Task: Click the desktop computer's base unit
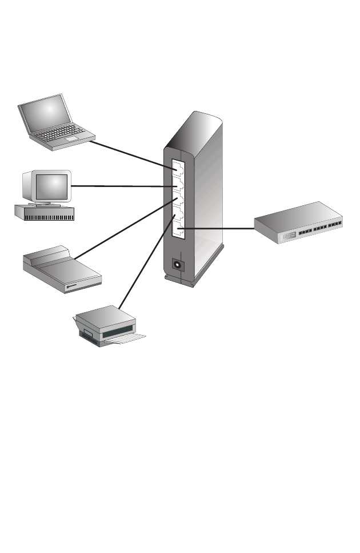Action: tap(45, 212)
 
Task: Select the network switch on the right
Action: tap(300, 223)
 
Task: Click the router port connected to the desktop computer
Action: tap(178, 182)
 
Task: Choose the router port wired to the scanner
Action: tap(178, 200)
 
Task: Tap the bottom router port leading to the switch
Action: tap(179, 230)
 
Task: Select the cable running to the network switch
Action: tap(217, 228)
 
